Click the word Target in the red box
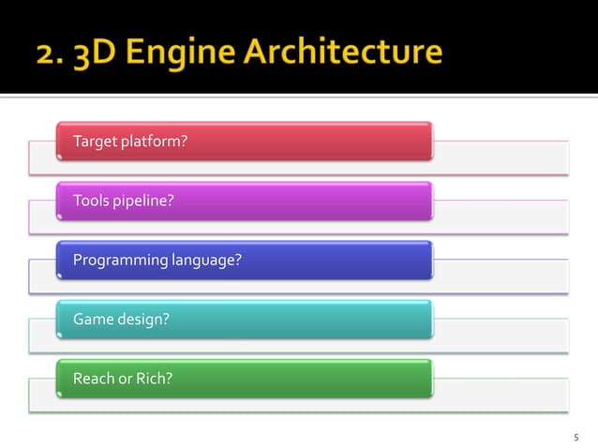[x=94, y=142]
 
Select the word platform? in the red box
[x=153, y=142]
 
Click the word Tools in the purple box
[x=91, y=201]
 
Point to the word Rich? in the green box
[x=155, y=379]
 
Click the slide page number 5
[x=576, y=438]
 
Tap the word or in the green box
[x=126, y=379]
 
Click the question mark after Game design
[x=166, y=320]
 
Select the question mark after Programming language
[x=238, y=260]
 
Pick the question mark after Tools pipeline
[x=170, y=201]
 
